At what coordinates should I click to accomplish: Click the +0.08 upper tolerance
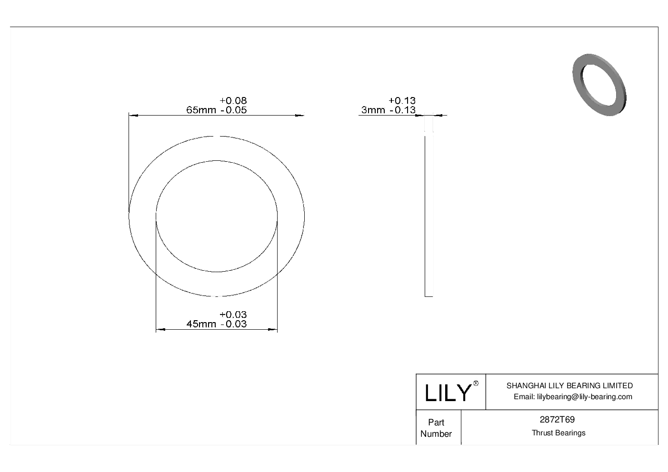233,100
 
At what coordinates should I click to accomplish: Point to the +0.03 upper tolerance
233,315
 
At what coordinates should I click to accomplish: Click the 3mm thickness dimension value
373,110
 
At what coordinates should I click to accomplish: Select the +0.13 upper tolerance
402,100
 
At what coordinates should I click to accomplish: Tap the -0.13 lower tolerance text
402,110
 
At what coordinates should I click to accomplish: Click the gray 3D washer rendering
599,85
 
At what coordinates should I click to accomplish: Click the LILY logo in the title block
447,393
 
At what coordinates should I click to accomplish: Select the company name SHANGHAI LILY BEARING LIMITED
569,385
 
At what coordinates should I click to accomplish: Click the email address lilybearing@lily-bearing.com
573,397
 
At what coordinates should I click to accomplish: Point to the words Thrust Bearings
558,433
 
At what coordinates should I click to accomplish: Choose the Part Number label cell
436,428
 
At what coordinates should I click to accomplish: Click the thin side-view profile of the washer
429,214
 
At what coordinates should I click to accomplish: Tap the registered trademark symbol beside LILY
476,383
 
